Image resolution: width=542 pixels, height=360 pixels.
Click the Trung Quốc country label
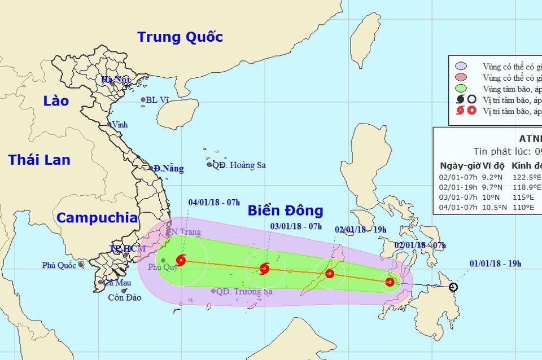(180, 37)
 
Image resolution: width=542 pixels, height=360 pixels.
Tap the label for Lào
(56, 101)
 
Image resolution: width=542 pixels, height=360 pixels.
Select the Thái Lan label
(39, 160)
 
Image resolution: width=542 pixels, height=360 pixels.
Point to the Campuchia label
(97, 218)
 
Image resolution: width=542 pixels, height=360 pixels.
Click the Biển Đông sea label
(285, 211)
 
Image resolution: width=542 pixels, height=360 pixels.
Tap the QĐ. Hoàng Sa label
(239, 165)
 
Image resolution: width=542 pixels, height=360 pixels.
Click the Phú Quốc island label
(59, 265)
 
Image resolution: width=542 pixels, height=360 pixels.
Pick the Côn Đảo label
(125, 297)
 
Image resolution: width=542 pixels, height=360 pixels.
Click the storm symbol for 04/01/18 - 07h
(181, 260)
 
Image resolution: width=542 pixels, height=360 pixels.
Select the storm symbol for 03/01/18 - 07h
(264, 269)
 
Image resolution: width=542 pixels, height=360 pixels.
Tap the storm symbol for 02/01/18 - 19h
(330, 274)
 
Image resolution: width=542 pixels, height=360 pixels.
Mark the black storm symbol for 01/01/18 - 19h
(454, 287)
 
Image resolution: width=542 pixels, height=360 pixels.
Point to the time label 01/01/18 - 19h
(495, 263)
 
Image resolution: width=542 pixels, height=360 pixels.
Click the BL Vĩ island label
(158, 100)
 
